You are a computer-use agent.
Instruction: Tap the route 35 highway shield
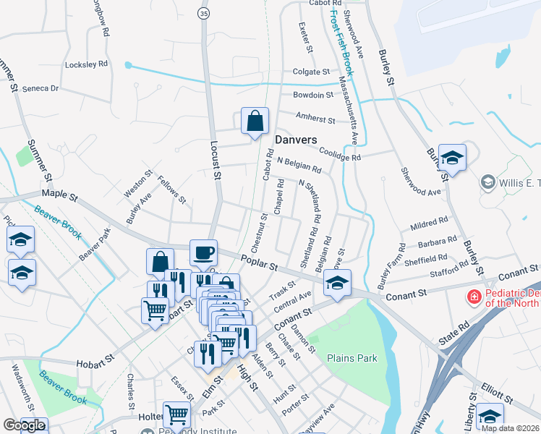(x=204, y=13)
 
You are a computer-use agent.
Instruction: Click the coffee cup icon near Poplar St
(x=203, y=252)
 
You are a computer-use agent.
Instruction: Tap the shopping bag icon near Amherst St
(x=255, y=122)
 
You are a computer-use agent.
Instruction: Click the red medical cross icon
(x=474, y=297)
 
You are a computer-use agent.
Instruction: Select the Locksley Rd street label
(x=86, y=64)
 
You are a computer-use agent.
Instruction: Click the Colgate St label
(x=310, y=72)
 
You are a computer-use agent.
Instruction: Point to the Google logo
(x=23, y=425)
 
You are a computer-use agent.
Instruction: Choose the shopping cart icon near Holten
(x=176, y=414)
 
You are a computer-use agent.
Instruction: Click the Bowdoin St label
(x=312, y=95)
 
